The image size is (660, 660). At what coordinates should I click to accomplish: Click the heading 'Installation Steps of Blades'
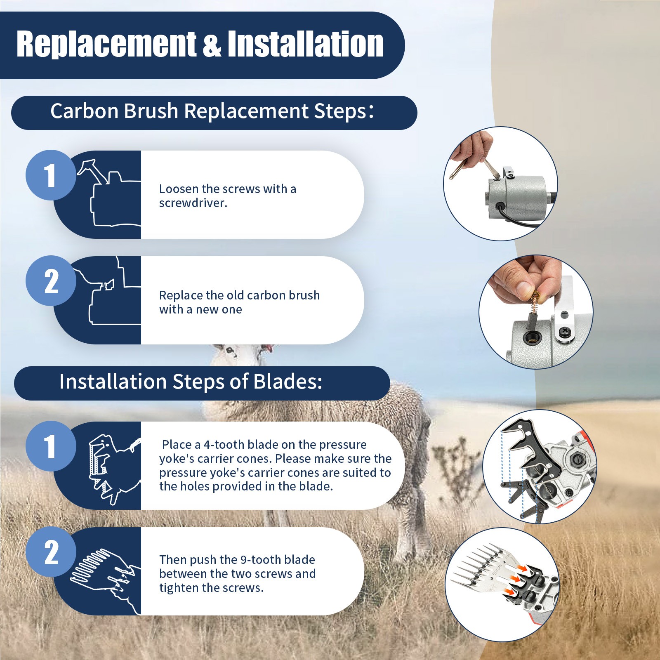point(191,382)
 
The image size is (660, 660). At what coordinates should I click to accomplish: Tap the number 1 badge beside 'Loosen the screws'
point(51,175)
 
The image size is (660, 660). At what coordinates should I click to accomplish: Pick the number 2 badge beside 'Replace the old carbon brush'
point(51,281)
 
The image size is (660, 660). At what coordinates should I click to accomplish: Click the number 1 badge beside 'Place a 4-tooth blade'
point(51,446)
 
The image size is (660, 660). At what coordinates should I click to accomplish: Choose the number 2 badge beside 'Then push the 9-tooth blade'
point(51,552)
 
